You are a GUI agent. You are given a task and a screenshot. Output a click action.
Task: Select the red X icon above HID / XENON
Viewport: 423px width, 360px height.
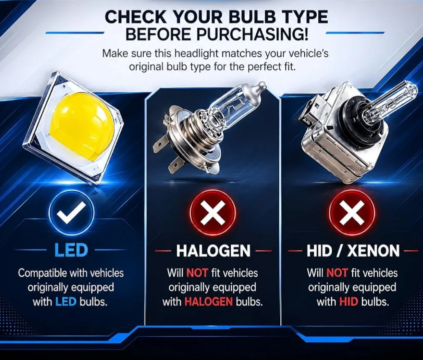coord(352,211)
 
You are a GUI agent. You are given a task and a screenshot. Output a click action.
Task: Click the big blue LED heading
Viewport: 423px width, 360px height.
coord(71,250)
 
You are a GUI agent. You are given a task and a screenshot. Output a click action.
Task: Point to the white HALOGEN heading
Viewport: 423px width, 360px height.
coord(213,251)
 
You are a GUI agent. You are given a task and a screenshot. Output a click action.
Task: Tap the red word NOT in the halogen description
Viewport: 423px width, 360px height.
coord(197,273)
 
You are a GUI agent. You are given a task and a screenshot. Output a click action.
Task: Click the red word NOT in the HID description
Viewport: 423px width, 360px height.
coord(337,273)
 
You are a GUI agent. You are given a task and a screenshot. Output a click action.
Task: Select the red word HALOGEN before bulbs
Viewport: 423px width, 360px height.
coord(208,302)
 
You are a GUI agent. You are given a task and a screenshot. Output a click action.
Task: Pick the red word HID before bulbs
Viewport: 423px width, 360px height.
coord(348,302)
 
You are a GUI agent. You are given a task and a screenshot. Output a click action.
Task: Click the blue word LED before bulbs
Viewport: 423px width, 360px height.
coord(66,302)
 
